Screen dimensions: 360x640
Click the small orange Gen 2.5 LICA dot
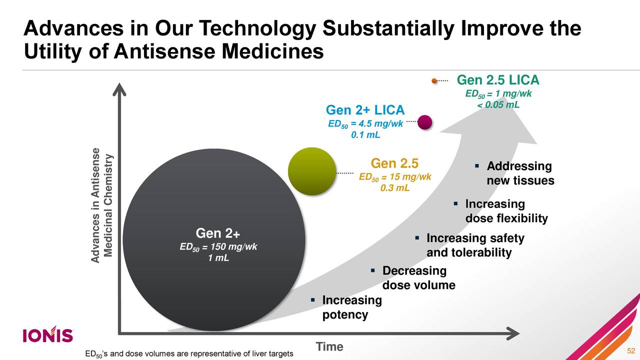tap(434, 80)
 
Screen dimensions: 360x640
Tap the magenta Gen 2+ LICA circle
tap(424, 122)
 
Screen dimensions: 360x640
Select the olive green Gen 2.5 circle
tap(312, 170)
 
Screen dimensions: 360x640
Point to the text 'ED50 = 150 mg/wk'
tap(218, 247)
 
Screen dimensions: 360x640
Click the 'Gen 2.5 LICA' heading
tap(498, 80)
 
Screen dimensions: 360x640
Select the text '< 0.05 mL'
tap(498, 104)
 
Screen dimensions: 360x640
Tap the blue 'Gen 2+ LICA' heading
tap(365, 110)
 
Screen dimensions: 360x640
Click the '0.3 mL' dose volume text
tap(394, 188)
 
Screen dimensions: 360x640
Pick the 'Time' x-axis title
tap(329, 347)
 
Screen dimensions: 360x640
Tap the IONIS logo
tap(48, 335)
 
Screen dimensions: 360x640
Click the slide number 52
tap(630, 350)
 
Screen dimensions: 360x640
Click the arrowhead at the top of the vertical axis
tap(118, 90)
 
